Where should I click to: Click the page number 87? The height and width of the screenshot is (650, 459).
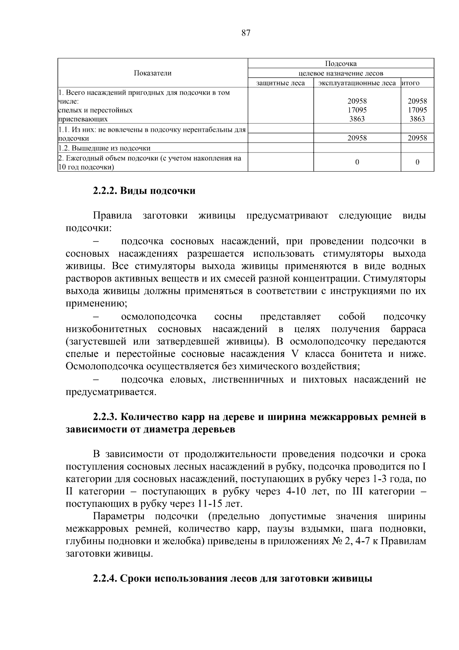pos(246,33)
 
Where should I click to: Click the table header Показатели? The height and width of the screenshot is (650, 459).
pos(153,73)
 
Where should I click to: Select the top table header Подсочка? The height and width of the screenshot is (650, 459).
pos(341,64)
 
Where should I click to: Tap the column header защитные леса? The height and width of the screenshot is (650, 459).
pos(280,83)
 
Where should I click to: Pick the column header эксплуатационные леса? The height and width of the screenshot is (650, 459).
pos(357,83)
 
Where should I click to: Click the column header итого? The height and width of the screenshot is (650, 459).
pos(410,83)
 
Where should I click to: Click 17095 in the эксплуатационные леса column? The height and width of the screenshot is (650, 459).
pos(357,110)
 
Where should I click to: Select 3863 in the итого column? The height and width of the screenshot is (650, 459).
pos(417,119)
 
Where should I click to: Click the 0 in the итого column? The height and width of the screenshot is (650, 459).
pos(417,162)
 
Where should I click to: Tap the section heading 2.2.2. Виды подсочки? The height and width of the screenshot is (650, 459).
pos(144,191)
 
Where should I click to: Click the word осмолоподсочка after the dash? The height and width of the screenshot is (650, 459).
pos(159,317)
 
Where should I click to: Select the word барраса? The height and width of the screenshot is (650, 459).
pos(408,329)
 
